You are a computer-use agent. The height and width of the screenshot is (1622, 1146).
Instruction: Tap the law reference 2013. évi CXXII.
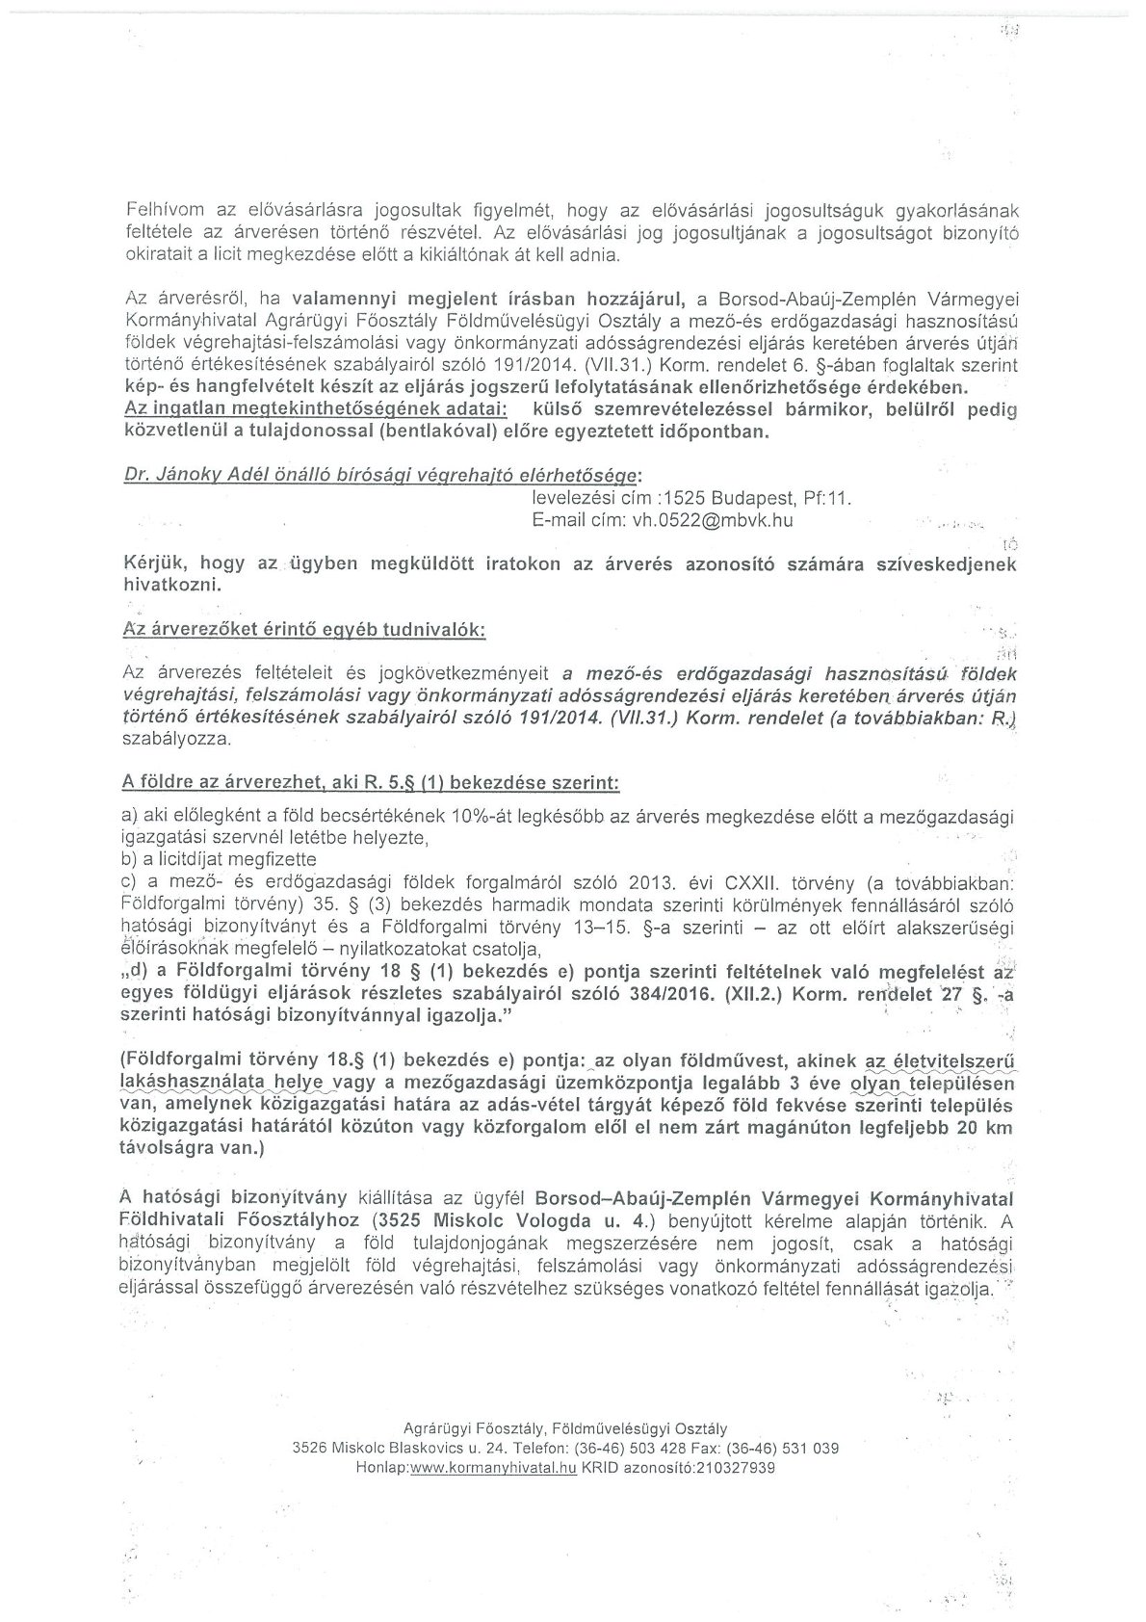691,880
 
